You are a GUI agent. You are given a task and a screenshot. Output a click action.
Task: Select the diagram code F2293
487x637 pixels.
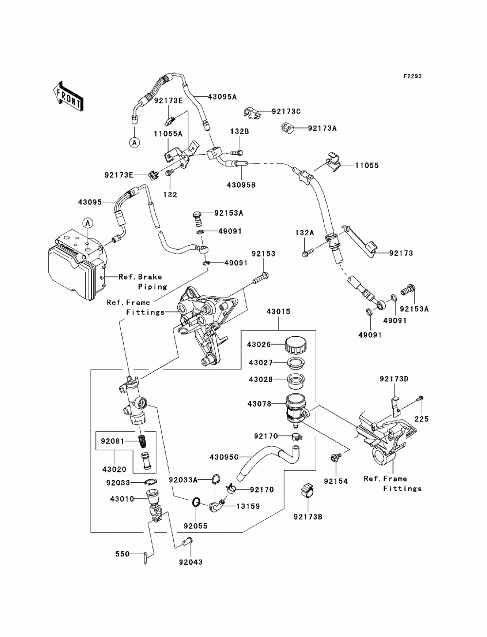(412, 76)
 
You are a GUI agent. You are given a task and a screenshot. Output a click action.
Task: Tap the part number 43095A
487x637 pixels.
(222, 97)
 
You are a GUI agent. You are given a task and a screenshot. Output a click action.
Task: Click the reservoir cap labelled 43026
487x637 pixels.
(296, 345)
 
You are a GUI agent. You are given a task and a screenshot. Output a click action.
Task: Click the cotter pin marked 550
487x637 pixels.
(146, 558)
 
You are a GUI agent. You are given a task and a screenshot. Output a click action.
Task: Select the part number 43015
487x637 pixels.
(279, 311)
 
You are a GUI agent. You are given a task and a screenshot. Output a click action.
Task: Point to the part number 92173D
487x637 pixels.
(394, 379)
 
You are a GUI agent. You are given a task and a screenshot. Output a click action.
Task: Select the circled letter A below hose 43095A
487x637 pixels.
(135, 142)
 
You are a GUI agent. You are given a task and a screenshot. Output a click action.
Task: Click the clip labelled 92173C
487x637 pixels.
(252, 112)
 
